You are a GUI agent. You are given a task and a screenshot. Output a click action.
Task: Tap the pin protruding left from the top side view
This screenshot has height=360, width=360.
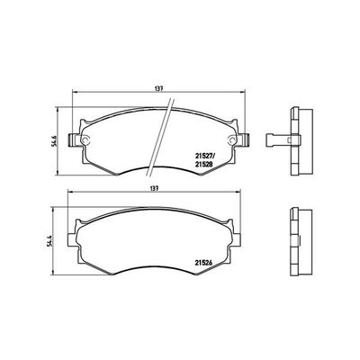point(278,139)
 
